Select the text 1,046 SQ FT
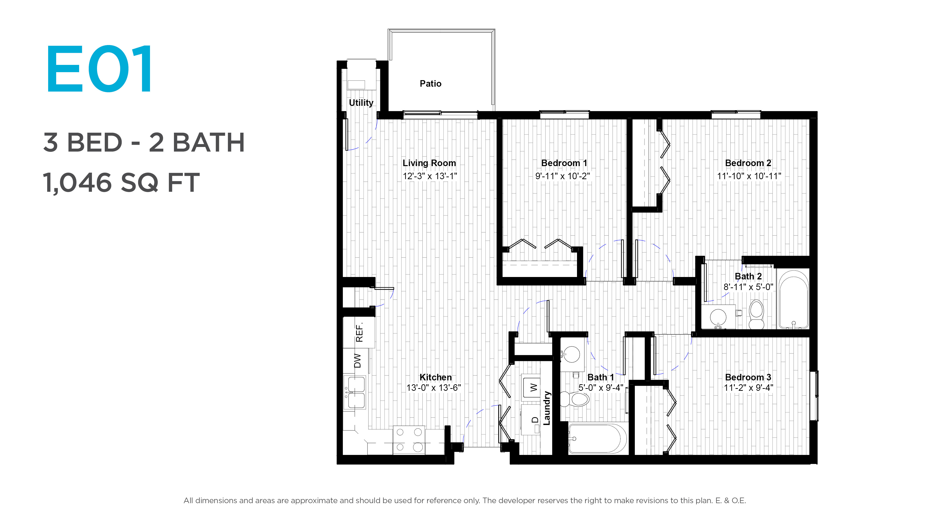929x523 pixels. (x=121, y=183)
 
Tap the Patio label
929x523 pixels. (x=430, y=83)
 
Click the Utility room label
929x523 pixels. (x=361, y=103)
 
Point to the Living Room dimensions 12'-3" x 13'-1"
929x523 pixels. (x=429, y=176)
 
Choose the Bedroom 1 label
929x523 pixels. (x=564, y=163)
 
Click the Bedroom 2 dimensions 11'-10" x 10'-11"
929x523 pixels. (x=749, y=176)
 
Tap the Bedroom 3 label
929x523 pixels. (x=748, y=377)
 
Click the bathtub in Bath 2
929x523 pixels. (x=794, y=300)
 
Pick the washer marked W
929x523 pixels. (x=532, y=388)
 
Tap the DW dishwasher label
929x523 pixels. (x=357, y=361)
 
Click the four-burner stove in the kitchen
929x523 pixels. (x=409, y=440)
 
